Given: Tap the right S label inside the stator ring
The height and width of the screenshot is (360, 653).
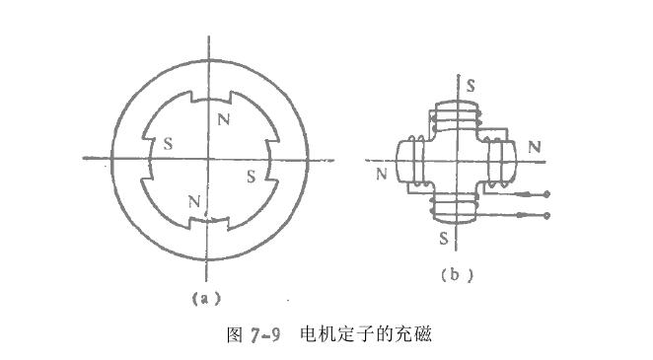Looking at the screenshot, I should tap(251, 177).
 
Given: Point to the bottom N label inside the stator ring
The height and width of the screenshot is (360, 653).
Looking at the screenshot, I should tap(193, 202).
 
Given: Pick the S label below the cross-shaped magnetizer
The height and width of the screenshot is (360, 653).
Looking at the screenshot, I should tap(444, 239).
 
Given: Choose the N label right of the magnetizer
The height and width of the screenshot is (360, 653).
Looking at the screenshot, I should tap(534, 147).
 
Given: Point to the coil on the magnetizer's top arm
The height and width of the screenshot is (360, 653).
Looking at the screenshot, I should tap(457, 118).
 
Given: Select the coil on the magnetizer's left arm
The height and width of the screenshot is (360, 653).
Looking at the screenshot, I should tap(415, 161).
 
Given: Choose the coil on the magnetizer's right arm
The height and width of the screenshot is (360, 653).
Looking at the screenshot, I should tap(498, 162).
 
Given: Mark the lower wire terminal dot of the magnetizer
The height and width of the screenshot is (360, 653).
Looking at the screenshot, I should tap(545, 214).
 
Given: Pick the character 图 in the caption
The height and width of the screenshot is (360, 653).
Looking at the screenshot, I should tap(234, 334).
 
